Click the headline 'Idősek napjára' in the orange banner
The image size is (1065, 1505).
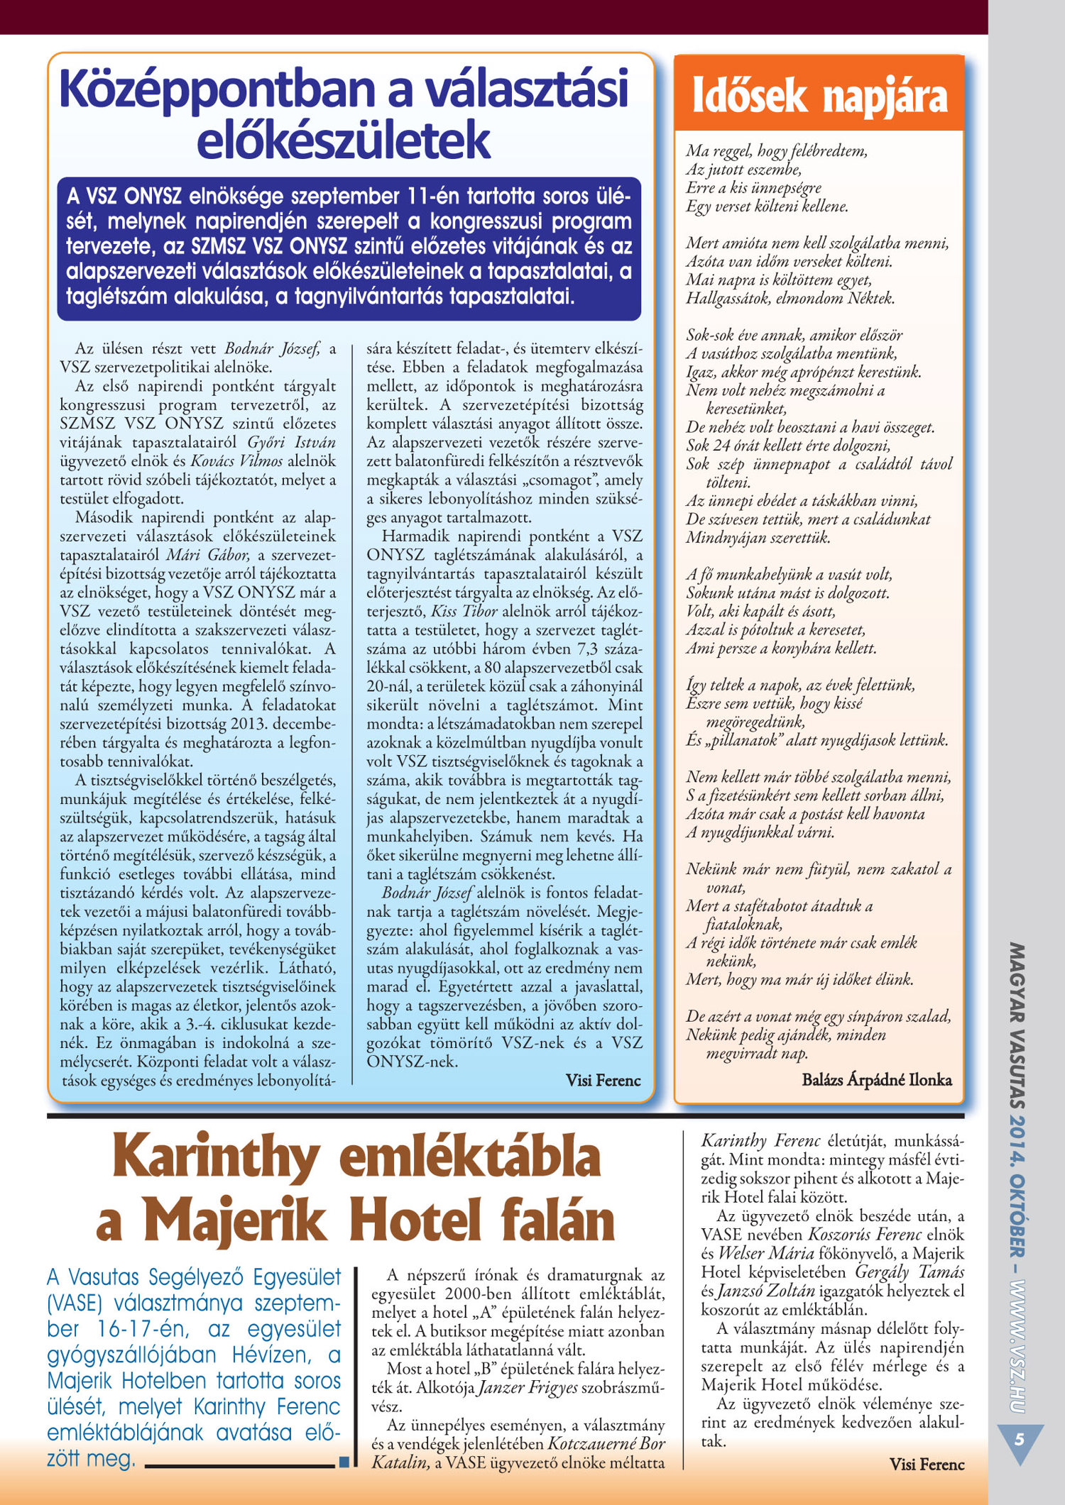pos(819,97)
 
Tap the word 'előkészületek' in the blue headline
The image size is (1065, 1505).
pos(343,140)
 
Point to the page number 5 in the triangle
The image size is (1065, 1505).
pos(1020,1440)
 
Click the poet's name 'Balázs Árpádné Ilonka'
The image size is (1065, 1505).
pos(877,1079)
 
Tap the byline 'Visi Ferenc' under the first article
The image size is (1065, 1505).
pos(603,1080)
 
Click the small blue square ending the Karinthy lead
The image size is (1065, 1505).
pos(344,1462)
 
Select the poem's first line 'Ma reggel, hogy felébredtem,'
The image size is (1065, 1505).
pos(776,150)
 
